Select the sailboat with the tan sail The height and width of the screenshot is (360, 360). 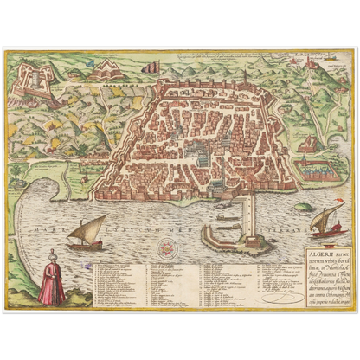click(87, 232)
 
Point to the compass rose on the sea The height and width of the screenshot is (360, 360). click(162, 247)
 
